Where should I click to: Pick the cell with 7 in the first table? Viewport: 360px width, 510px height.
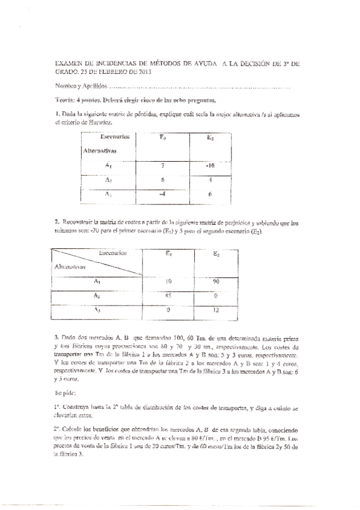click(162, 165)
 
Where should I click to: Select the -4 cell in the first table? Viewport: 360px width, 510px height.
click(162, 194)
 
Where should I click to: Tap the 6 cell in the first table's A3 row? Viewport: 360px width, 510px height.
click(210, 194)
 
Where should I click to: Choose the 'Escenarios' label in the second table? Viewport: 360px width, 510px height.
click(112, 253)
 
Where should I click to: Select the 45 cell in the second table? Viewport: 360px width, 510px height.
click(168, 295)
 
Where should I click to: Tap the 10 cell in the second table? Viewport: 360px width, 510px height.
click(168, 281)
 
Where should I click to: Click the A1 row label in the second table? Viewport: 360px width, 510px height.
click(97, 281)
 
